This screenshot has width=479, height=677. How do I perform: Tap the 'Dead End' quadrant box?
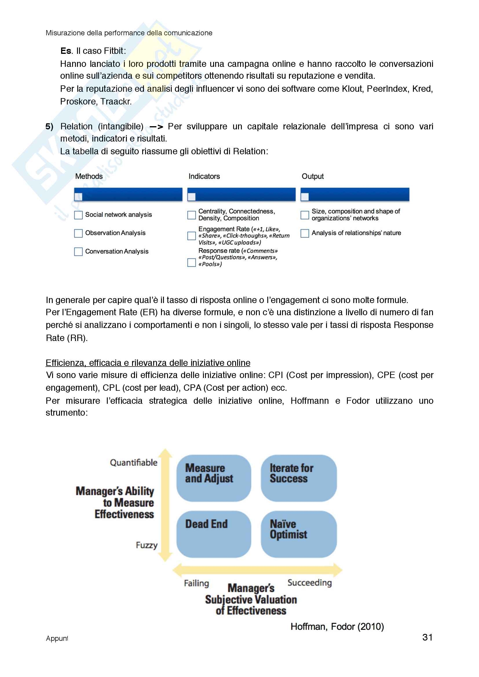213,534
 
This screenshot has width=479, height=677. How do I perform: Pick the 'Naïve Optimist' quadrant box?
299,534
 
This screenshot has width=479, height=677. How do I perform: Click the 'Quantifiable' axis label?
134,462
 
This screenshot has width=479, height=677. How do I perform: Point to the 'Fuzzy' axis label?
147,545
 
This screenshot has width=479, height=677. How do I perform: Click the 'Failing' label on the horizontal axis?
196,583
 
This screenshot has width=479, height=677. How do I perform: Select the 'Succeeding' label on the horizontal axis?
309,582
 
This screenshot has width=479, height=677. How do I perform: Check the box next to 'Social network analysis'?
78,215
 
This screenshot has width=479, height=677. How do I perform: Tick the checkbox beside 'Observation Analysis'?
78,233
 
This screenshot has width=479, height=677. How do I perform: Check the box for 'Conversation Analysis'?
78,252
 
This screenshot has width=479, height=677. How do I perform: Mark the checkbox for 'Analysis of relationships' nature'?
305,233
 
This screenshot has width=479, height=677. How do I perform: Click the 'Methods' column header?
89,176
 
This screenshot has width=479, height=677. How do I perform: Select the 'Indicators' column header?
204,176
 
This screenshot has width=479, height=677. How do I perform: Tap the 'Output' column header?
313,176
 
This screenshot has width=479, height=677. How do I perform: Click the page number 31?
427,637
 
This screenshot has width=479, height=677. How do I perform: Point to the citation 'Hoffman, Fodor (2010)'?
337,626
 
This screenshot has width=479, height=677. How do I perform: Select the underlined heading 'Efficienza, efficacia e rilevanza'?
148,363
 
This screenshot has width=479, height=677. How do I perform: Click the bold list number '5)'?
49,126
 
